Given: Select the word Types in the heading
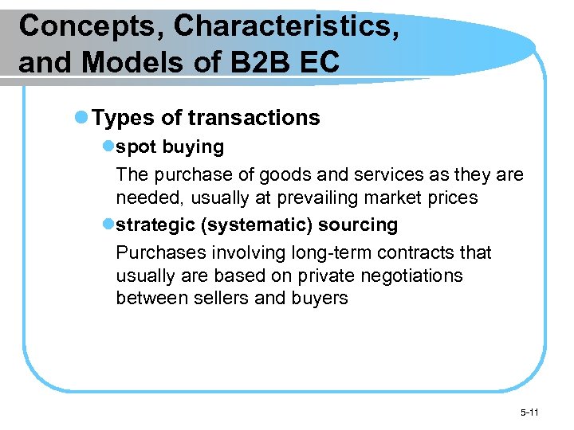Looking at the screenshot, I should (x=124, y=118).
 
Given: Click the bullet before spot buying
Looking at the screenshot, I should (x=108, y=147).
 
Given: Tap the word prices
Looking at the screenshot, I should (x=452, y=197).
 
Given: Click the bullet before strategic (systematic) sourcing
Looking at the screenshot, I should (x=108, y=225).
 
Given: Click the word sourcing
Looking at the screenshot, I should (x=358, y=225).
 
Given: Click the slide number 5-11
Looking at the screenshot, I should (x=529, y=412).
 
